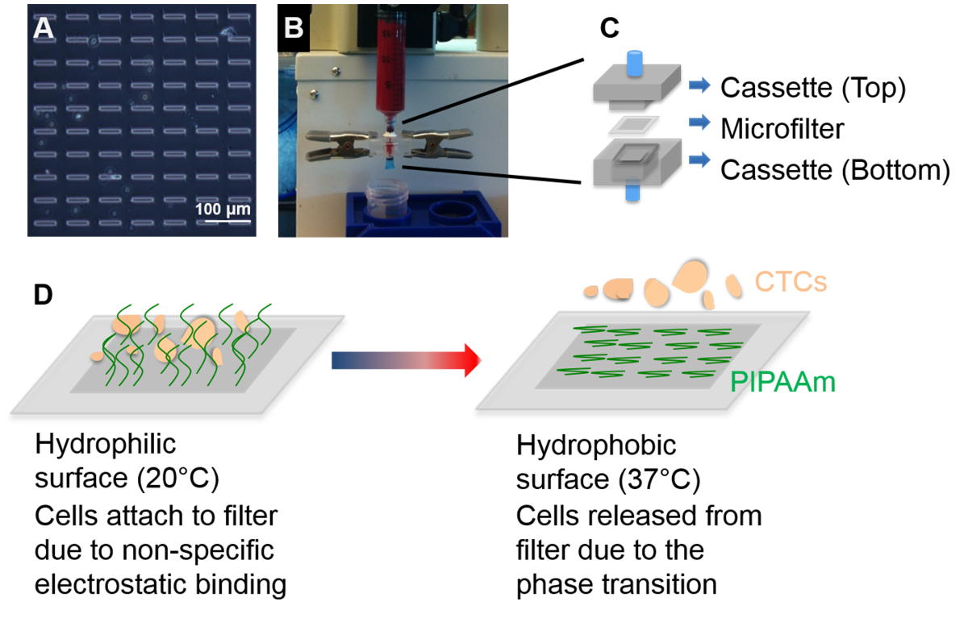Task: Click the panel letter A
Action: [x=44, y=28]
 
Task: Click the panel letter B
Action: [x=294, y=28]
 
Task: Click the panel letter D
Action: [x=44, y=296]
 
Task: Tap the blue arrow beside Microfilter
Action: [x=698, y=123]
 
